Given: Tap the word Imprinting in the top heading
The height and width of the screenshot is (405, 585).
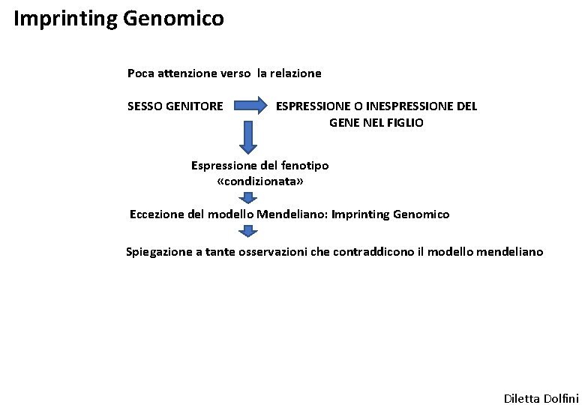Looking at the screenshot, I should [64, 18].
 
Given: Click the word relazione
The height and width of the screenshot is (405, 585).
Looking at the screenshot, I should [295, 73].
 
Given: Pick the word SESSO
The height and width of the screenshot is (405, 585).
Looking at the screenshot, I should [145, 106].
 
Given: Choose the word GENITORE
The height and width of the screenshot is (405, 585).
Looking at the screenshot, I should [194, 106].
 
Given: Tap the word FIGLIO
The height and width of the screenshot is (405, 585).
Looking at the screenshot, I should [406, 121].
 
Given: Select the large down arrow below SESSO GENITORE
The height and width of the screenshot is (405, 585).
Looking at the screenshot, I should [247, 136].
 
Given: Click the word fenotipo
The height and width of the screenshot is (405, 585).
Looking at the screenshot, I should [304, 165].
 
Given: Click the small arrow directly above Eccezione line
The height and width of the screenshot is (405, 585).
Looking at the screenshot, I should [247, 198].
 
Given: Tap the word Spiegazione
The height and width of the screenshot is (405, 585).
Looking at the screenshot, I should [158, 252].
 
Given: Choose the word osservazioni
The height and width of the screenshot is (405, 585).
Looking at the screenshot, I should [272, 252].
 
